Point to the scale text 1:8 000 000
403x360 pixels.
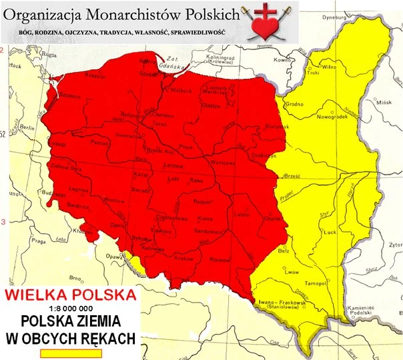click(x=70, y=308)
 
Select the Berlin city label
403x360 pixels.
click(x=27, y=126)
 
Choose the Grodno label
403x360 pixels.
click(x=294, y=104)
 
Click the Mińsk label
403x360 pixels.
click(x=384, y=104)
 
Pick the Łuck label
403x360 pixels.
click(x=327, y=232)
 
